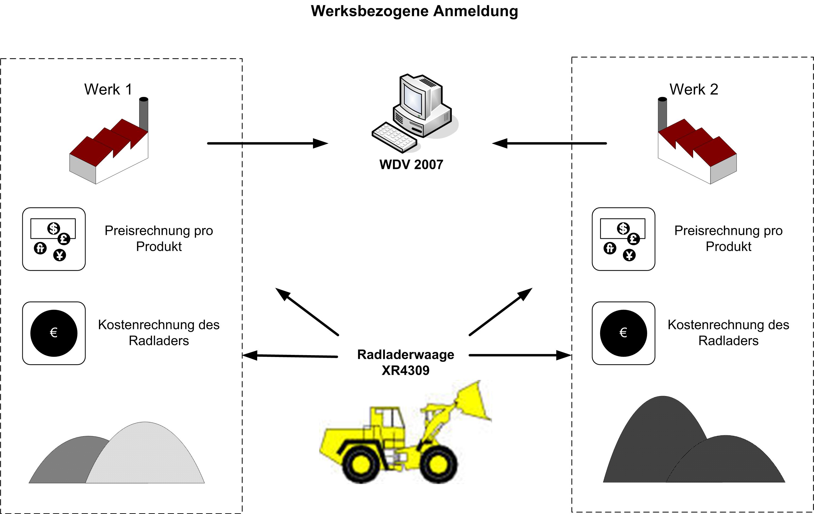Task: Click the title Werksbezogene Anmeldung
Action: [414, 11]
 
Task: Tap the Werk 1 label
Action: [108, 90]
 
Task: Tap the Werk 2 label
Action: [694, 90]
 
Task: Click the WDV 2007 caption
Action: [411, 165]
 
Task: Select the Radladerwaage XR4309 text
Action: [406, 362]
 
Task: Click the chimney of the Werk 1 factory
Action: [144, 113]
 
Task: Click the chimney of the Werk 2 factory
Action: [662, 113]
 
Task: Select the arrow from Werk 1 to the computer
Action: [267, 143]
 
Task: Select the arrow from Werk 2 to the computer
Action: [549, 143]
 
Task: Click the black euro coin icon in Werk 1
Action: [54, 333]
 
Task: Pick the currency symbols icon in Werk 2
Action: [623, 239]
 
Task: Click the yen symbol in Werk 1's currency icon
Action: [60, 255]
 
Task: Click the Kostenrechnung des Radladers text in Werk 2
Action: [728, 333]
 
